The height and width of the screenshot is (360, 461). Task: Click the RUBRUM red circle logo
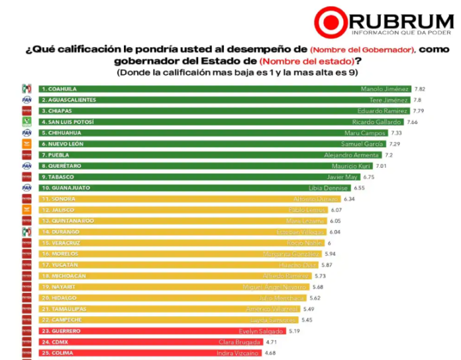tap(330, 23)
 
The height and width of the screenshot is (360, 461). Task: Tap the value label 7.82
tap(420, 88)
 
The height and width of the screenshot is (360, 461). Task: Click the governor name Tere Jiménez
tap(392, 99)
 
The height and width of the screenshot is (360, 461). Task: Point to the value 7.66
tap(413, 122)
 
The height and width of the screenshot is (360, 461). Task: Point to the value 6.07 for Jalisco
tap(336, 210)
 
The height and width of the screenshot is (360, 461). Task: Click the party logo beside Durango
tap(27, 231)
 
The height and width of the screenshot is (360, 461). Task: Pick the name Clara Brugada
tap(240, 342)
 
